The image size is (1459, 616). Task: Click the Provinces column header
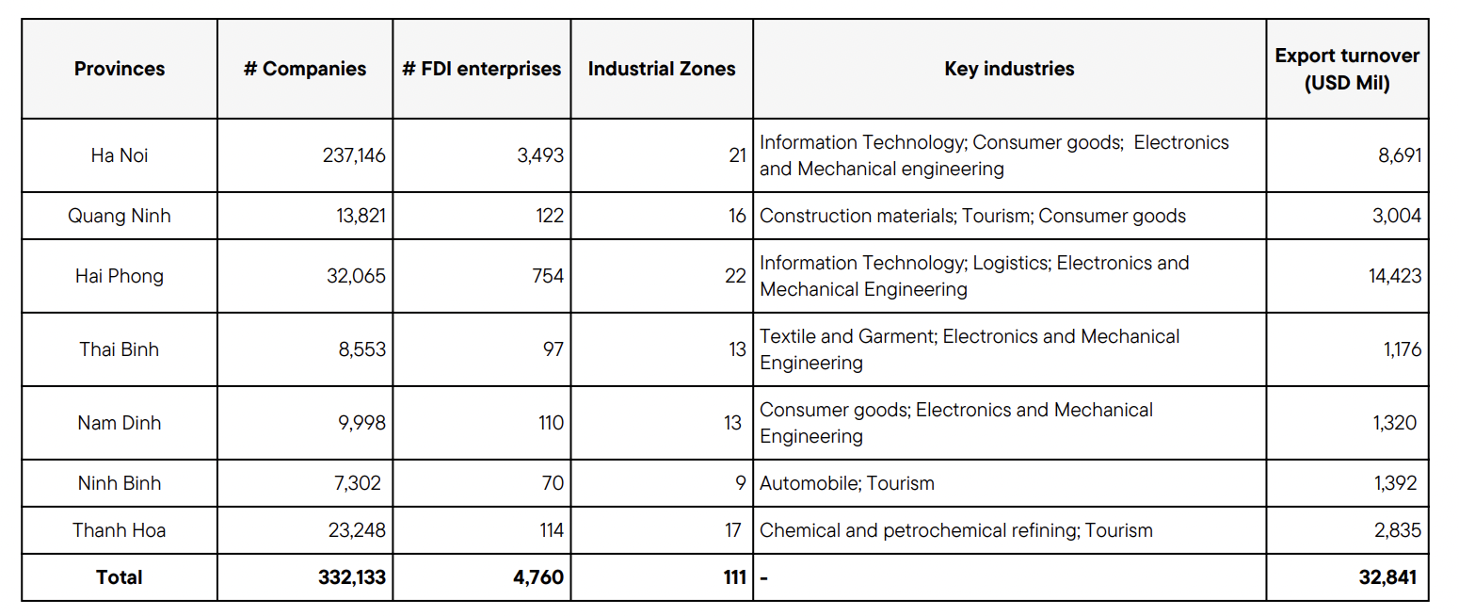(x=120, y=69)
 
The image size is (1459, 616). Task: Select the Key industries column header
(x=1009, y=69)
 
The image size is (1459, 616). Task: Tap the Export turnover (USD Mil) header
(x=1347, y=69)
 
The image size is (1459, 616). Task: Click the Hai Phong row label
(x=120, y=276)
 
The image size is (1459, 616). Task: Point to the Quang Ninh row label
(x=120, y=216)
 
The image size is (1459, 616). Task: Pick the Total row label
(x=120, y=577)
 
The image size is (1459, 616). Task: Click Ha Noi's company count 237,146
(x=354, y=155)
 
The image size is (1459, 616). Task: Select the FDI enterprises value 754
(x=547, y=276)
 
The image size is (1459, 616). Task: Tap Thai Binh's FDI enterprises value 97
(x=553, y=349)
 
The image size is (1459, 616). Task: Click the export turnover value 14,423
(x=1395, y=276)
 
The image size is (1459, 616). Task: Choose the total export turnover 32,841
(x=1387, y=577)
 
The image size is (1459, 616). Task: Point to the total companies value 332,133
(x=352, y=577)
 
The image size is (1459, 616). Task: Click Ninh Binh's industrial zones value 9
(x=741, y=483)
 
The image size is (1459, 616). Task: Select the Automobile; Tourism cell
(x=847, y=483)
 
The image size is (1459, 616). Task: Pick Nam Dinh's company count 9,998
(x=361, y=423)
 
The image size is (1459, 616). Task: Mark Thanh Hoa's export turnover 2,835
(x=1398, y=530)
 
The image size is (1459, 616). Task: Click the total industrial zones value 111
(x=735, y=577)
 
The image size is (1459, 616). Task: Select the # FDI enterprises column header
(x=481, y=69)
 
